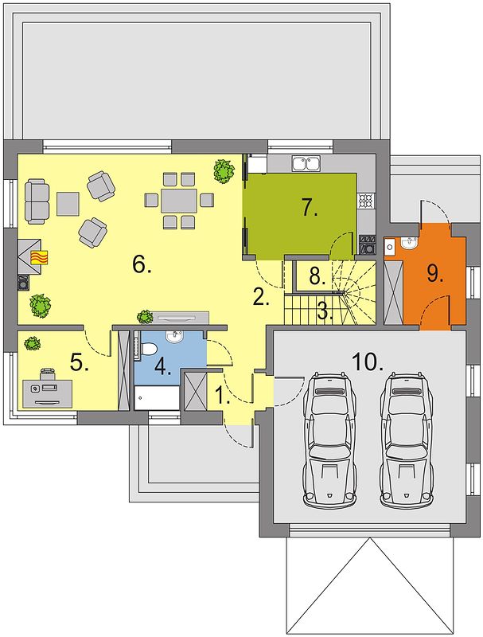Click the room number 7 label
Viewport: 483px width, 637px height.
coord(310,209)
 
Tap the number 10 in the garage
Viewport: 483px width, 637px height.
coord(368,362)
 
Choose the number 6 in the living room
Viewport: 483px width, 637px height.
coord(142,265)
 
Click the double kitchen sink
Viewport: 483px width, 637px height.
coord(306,163)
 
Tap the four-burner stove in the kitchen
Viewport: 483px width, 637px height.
coord(365,200)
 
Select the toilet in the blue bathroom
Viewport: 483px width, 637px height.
coord(149,349)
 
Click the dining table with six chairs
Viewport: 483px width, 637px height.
coord(179,200)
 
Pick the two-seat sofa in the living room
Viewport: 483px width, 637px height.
coord(37,201)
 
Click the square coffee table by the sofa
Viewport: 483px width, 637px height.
coord(68,204)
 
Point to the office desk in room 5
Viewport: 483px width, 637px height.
coord(48,393)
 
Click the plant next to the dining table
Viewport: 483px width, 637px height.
coord(224,170)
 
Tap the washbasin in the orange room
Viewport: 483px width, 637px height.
coord(409,243)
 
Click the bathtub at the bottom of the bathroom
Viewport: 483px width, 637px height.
coord(157,398)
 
